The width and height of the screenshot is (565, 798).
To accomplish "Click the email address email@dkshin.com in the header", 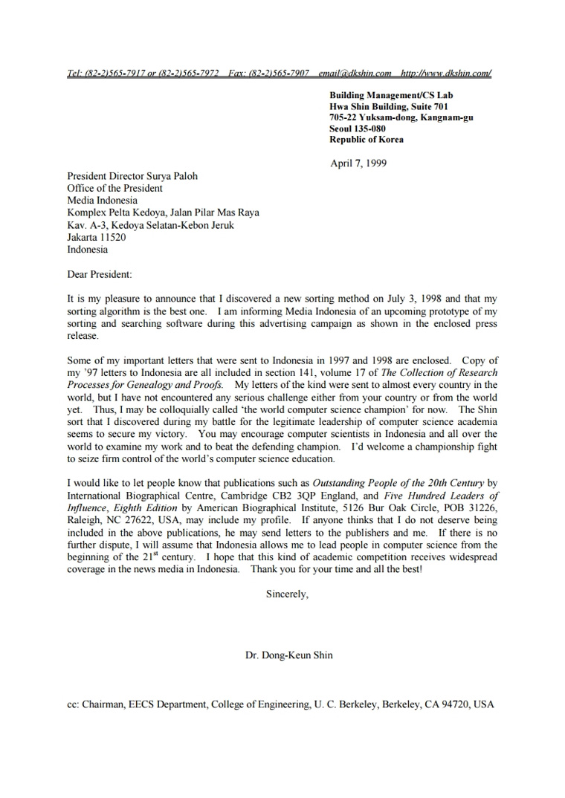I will point(355,73).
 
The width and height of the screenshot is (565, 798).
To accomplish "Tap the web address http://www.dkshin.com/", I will point(445,73).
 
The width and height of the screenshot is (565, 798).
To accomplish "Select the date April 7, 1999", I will point(358,163).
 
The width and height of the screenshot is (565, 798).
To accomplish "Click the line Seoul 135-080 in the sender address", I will point(358,129).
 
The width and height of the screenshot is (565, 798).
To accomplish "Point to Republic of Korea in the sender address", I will point(367,140).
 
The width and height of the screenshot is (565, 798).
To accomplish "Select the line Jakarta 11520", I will point(97,238).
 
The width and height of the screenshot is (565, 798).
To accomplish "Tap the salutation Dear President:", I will point(101,274).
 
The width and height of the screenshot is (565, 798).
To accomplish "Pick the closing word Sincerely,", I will point(287,594).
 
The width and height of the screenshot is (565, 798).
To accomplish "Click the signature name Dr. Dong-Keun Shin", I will point(289,655).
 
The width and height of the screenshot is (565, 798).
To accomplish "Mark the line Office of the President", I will point(114,188).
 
